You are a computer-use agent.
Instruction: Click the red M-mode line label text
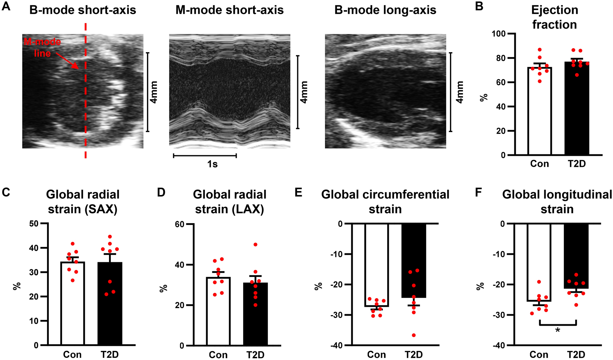tap(42, 47)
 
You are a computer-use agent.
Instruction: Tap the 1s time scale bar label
tap(212, 164)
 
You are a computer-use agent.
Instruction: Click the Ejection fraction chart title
tap(554, 17)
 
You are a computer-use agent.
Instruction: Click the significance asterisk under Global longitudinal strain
tap(558, 330)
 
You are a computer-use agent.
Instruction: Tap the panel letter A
tap(6, 7)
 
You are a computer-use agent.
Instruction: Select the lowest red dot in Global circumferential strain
tap(414, 335)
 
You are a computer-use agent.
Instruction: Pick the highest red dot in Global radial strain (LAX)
tap(255, 244)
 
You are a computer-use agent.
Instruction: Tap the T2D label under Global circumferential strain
tap(414, 354)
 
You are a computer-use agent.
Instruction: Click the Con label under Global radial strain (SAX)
tap(72, 354)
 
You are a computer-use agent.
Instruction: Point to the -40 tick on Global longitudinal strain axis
tap(498, 345)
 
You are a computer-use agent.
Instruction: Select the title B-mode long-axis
tap(385, 10)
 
